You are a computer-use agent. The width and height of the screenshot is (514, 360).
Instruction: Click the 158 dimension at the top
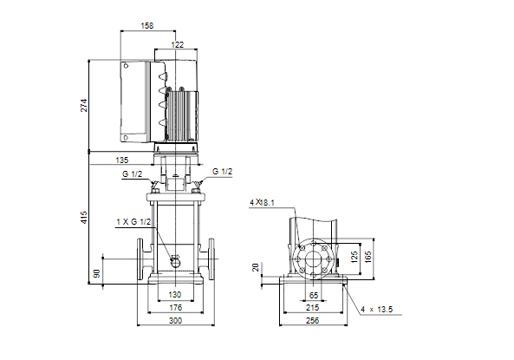[x=147, y=26]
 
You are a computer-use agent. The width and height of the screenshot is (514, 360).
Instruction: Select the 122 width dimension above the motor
[x=178, y=44]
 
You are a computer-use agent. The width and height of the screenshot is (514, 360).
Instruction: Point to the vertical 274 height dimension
[x=84, y=105]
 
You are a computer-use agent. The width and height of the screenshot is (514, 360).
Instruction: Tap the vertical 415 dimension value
[x=84, y=218]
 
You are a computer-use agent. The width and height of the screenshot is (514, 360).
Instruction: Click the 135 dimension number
[x=122, y=160]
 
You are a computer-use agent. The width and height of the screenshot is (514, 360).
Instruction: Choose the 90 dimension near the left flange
[x=97, y=273]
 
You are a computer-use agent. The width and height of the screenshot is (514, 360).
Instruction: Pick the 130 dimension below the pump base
[x=175, y=295]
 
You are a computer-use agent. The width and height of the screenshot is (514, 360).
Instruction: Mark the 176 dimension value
[x=175, y=307]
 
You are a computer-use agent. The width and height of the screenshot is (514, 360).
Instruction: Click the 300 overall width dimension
[x=175, y=321]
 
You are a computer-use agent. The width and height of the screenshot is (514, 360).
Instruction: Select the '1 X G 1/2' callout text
[x=133, y=222]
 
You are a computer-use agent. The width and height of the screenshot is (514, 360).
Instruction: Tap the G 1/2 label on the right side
[x=222, y=171]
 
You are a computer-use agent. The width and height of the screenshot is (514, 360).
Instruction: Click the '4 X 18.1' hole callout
[x=262, y=202]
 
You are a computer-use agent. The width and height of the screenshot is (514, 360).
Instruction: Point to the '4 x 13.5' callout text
[x=377, y=310]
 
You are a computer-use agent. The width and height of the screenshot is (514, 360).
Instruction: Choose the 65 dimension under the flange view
[x=314, y=295]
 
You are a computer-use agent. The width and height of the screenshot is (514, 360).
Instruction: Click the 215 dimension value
[x=312, y=308]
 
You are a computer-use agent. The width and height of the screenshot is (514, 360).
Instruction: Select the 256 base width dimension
[x=312, y=321]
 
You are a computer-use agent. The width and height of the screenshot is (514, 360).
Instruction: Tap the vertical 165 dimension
[x=368, y=257]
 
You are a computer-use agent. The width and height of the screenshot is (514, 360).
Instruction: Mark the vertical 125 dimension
[x=354, y=258]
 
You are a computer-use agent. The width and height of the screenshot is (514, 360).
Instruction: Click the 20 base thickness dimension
[x=256, y=267]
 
